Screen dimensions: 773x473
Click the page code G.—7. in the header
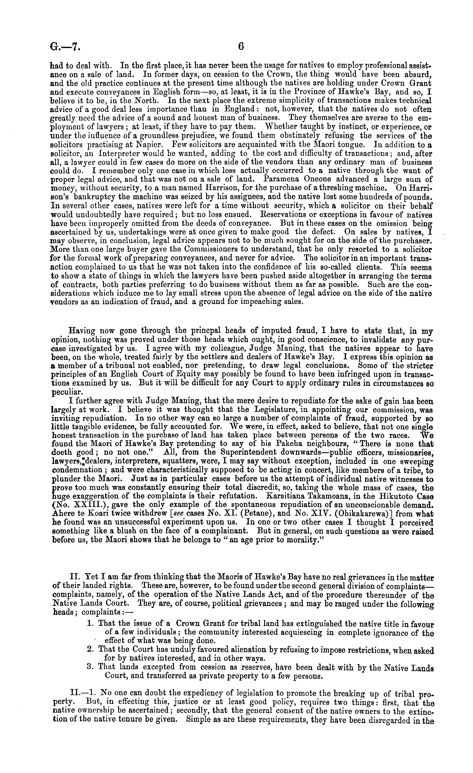tap(65, 47)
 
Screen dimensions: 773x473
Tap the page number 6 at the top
tap(241, 47)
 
